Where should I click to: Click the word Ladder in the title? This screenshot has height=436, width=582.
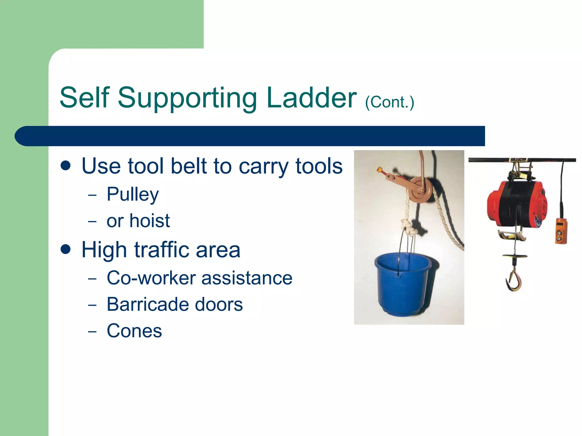pyautogui.click(x=311, y=98)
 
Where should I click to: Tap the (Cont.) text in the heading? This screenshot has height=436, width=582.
pyautogui.click(x=390, y=102)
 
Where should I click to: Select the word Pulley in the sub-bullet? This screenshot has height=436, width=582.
pyautogui.click(x=133, y=195)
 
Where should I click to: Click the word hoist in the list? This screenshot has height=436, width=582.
pyautogui.click(x=149, y=221)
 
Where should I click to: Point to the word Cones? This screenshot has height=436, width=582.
pyautogui.click(x=134, y=331)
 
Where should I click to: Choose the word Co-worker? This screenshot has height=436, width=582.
pyautogui.click(x=151, y=278)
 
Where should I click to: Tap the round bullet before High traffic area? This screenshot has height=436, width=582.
pyautogui.click(x=66, y=250)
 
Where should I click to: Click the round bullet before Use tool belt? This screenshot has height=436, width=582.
pyautogui.click(x=66, y=166)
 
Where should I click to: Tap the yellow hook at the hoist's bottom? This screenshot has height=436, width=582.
pyautogui.click(x=514, y=280)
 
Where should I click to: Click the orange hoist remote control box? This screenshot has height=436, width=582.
pyautogui.click(x=561, y=231)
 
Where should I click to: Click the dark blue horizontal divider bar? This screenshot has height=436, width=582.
pyautogui.click(x=250, y=136)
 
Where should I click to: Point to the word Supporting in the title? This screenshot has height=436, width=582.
pyautogui.click(x=187, y=98)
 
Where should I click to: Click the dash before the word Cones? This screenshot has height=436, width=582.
pyautogui.click(x=92, y=332)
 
